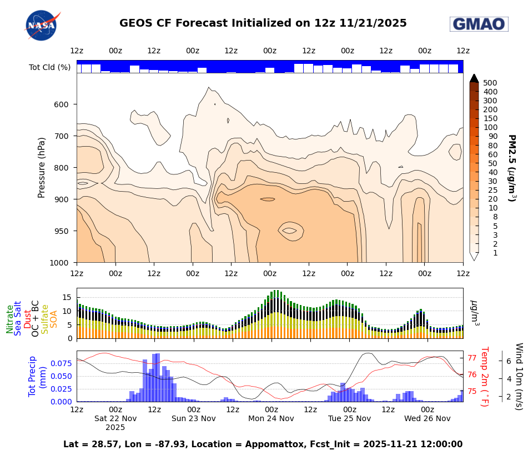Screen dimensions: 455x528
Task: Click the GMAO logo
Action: click(479, 24)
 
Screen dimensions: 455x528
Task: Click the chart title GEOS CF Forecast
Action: click(263, 23)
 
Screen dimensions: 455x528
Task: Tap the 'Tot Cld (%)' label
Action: click(49, 67)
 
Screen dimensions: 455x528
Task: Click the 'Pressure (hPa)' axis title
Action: click(42, 167)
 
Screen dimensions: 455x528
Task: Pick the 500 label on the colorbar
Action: click(490, 83)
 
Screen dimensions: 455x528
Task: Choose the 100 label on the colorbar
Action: click(490, 127)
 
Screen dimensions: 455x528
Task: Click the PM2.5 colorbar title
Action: click(512, 168)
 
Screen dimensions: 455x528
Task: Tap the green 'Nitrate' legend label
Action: click(10, 319)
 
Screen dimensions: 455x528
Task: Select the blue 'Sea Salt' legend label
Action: click(18, 318)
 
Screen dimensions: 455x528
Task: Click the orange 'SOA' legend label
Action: click(54, 319)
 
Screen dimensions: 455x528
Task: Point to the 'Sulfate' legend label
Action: click(45, 319)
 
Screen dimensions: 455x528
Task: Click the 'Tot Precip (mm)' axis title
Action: click(37, 376)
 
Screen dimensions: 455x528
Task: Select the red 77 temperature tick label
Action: click(474, 358)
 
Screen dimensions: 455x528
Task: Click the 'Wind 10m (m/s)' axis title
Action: click(519, 376)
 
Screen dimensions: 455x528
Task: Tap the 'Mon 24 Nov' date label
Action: click(271, 418)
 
